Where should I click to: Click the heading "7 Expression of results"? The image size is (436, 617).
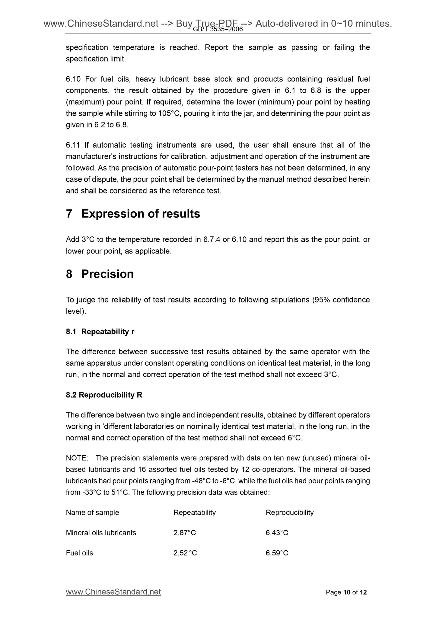(133, 214)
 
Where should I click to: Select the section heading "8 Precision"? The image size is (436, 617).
(100, 274)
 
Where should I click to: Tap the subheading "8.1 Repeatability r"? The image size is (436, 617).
(100, 331)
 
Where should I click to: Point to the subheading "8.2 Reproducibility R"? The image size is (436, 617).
(104, 395)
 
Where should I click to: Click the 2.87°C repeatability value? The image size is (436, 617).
(185, 533)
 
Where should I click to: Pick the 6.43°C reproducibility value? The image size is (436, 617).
(277, 533)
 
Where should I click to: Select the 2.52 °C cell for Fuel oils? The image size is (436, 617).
(185, 553)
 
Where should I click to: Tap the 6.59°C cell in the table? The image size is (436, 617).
(277, 553)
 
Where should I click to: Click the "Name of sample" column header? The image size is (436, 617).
(92, 513)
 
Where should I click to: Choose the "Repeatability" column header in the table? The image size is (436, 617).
(195, 513)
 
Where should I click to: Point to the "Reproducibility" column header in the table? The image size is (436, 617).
(289, 513)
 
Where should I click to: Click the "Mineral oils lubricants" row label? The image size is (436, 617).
(101, 533)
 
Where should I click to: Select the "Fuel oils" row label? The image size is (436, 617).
(79, 553)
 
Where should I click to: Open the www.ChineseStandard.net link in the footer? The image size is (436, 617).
(113, 592)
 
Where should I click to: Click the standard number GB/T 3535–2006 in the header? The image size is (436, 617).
(218, 29)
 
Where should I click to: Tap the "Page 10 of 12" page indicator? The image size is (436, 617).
(346, 593)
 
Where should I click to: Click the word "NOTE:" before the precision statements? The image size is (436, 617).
(77, 458)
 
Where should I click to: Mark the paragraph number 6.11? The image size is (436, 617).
(73, 145)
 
